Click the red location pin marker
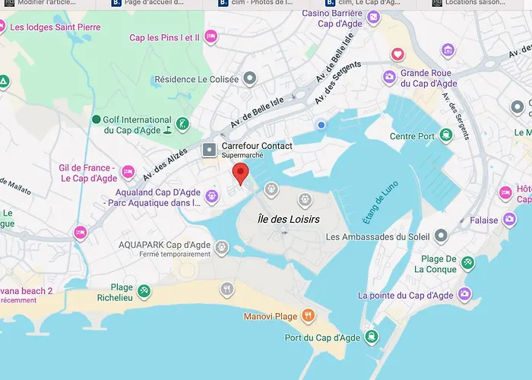[x=240, y=173]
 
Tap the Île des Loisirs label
[x=288, y=219]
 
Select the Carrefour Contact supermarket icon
[x=209, y=150]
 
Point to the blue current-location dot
[x=321, y=125]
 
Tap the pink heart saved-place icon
[x=397, y=54]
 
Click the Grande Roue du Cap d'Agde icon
[x=389, y=76]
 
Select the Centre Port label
[x=411, y=137]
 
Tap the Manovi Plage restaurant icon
[x=307, y=315]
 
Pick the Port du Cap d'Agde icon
[x=370, y=337]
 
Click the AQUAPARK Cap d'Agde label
[x=164, y=245]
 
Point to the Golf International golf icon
[x=182, y=123]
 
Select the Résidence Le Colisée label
[x=196, y=79]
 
